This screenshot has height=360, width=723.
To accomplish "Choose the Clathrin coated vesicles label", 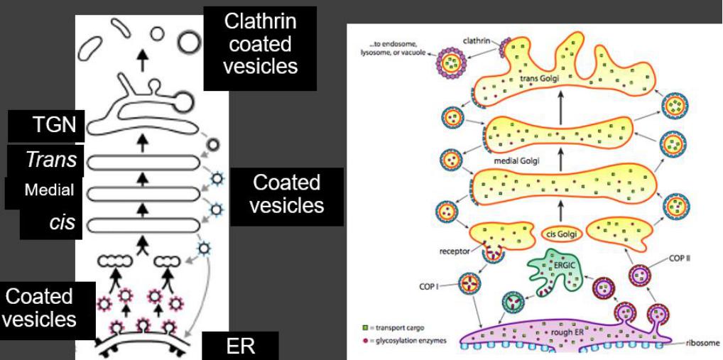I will point(259,44).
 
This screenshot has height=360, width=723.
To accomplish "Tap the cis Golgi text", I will point(560,233).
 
